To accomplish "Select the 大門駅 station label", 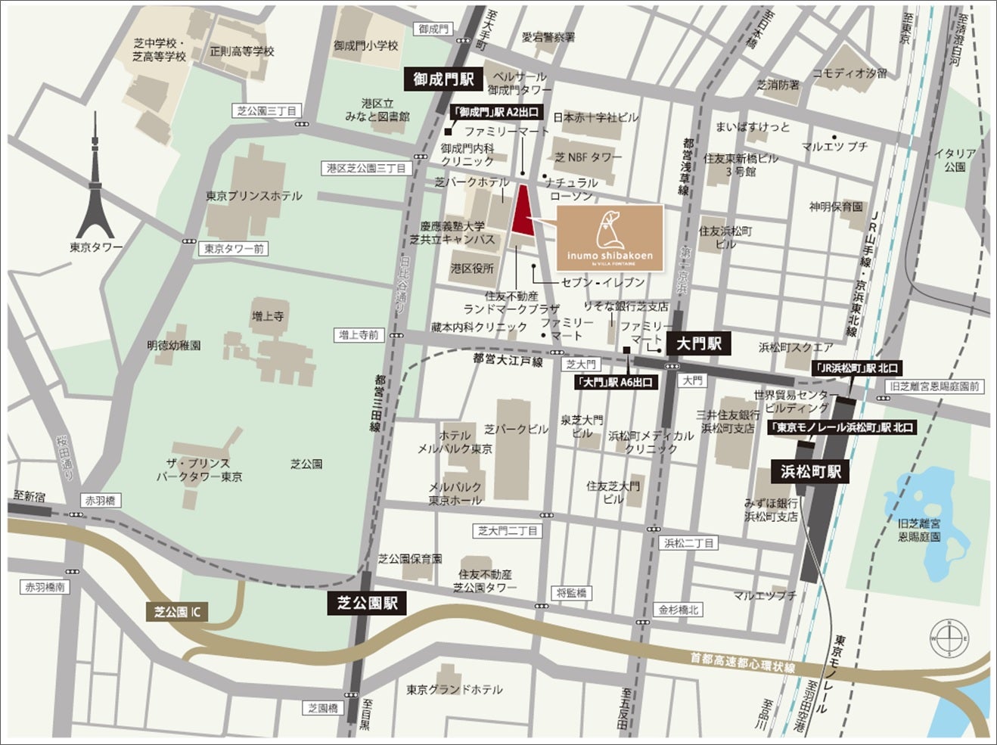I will (x=699, y=343).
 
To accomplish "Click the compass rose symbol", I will (x=950, y=639).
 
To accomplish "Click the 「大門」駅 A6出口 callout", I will (x=613, y=383).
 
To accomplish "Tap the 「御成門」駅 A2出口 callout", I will (x=495, y=111).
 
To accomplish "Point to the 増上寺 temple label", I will (x=268, y=316).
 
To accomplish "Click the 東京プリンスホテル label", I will (x=253, y=195).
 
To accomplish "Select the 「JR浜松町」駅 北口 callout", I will (x=856, y=368).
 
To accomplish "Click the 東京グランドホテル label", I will (x=454, y=689).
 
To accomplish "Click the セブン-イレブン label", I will (x=603, y=281).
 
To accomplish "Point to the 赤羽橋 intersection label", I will (x=101, y=501).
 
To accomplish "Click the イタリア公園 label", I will (x=955, y=160).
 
